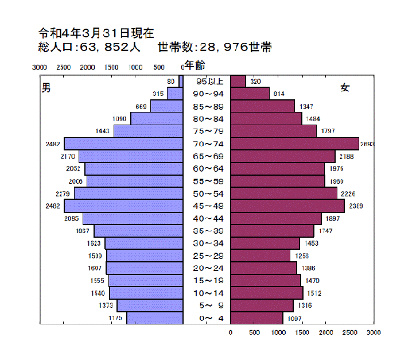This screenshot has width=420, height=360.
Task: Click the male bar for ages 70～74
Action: point(123,144)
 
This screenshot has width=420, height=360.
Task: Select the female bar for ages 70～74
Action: point(294,144)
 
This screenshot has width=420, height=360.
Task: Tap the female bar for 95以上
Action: point(238,82)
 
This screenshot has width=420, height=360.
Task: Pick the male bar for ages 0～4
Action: point(154,318)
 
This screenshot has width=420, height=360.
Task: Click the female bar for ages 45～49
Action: point(287,206)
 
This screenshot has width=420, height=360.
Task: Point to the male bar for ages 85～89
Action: point(166,106)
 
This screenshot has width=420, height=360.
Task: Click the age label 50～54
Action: point(207,193)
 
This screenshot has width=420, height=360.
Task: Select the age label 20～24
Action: point(207,268)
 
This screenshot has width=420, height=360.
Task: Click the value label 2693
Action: point(367,144)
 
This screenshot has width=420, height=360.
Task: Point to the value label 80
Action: point(170,82)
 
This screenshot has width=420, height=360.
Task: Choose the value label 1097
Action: point(294,318)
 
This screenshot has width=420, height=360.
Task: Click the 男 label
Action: point(46,87)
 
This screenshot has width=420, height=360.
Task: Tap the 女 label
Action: point(345,87)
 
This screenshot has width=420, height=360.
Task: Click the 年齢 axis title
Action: point(195,65)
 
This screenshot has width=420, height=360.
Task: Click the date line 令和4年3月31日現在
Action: point(96,33)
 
